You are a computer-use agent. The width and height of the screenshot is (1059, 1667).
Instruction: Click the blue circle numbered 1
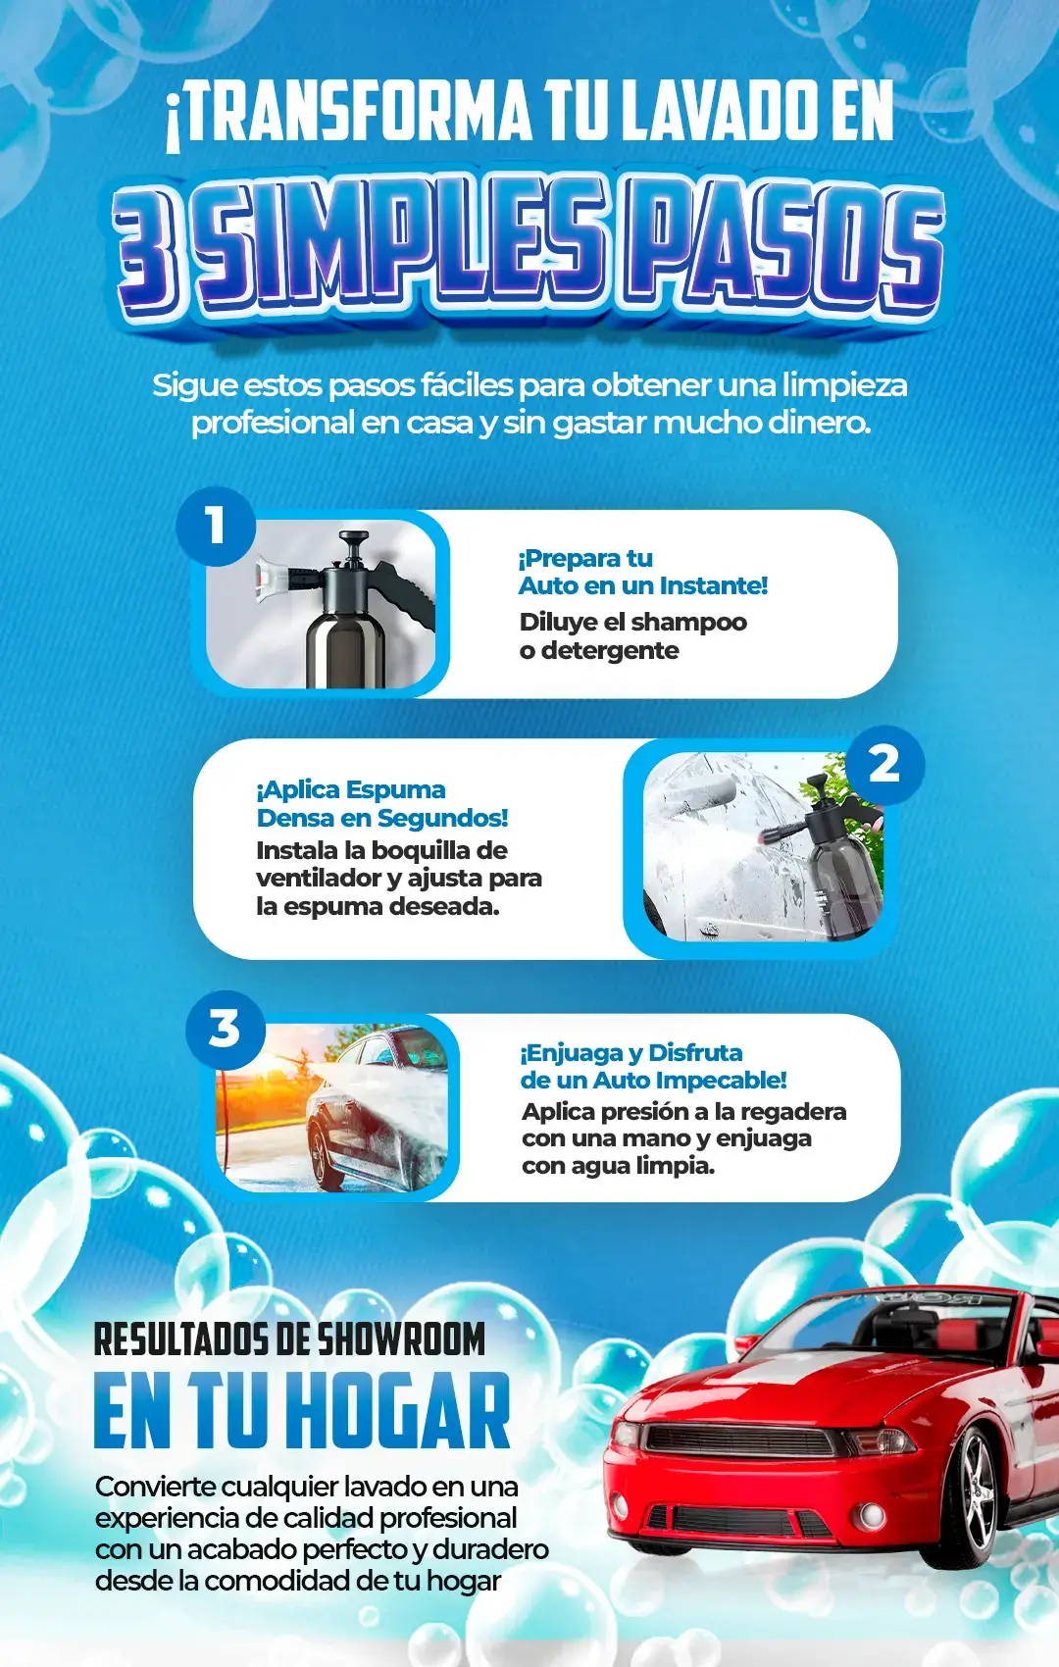(x=216, y=527)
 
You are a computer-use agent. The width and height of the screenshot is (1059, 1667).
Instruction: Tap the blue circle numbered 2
(x=884, y=765)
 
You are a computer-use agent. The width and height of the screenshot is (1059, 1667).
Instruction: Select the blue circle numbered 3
(x=225, y=1030)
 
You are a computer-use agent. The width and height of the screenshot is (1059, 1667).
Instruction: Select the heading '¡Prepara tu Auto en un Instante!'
(x=642, y=573)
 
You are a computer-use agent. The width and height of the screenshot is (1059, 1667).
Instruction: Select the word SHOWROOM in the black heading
(x=401, y=1339)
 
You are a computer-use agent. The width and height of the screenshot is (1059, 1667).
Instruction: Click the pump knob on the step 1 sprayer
(x=353, y=538)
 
